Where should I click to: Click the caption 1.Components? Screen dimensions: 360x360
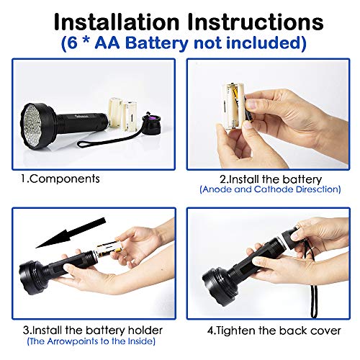[59, 179]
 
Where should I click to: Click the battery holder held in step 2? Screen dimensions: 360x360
[238, 108]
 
